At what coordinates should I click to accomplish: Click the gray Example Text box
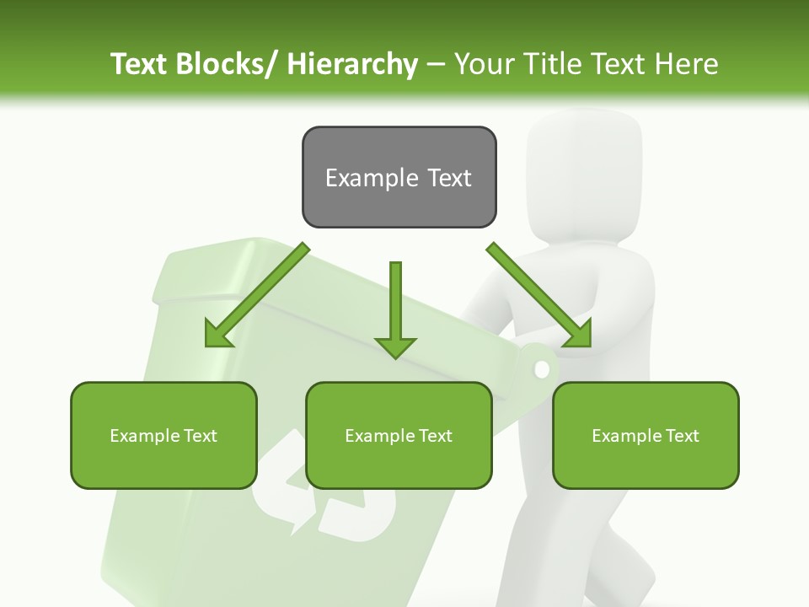coord(399,177)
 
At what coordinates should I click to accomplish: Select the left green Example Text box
coord(163,435)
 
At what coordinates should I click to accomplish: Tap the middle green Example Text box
coord(399,435)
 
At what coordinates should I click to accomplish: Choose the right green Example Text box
coord(646,435)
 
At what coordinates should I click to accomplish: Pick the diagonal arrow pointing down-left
coord(257,295)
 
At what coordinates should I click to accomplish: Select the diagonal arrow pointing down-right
coord(539,295)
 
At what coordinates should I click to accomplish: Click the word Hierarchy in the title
coord(352,64)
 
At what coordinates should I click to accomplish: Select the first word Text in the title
coord(139,64)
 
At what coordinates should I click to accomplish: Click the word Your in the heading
coord(484,64)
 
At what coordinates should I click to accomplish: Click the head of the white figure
coord(584,169)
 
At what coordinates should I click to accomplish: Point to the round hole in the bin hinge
coord(542,369)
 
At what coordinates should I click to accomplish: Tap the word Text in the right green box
coord(682,436)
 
